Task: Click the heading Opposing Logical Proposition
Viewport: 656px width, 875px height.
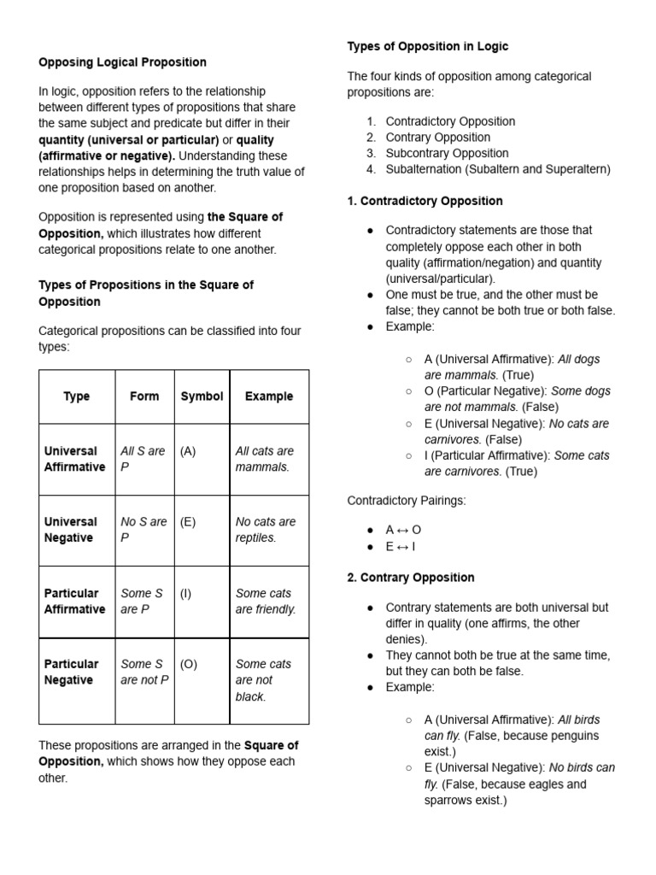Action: tap(122, 62)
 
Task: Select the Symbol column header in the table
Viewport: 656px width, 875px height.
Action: tap(202, 396)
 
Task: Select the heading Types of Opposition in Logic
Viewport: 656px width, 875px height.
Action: tap(427, 46)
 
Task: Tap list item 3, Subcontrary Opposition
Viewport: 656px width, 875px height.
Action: tap(447, 153)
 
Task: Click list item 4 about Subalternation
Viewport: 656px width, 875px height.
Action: tap(498, 169)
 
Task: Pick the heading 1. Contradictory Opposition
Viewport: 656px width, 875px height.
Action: tap(425, 201)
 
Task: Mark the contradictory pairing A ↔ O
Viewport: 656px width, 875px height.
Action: tap(403, 530)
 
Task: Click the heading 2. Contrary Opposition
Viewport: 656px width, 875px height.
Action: tap(410, 578)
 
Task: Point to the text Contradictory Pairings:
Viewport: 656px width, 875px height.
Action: tap(407, 501)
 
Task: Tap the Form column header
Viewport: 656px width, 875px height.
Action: tap(144, 396)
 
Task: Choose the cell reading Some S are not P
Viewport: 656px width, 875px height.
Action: tap(144, 672)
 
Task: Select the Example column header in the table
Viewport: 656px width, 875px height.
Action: tap(269, 396)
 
